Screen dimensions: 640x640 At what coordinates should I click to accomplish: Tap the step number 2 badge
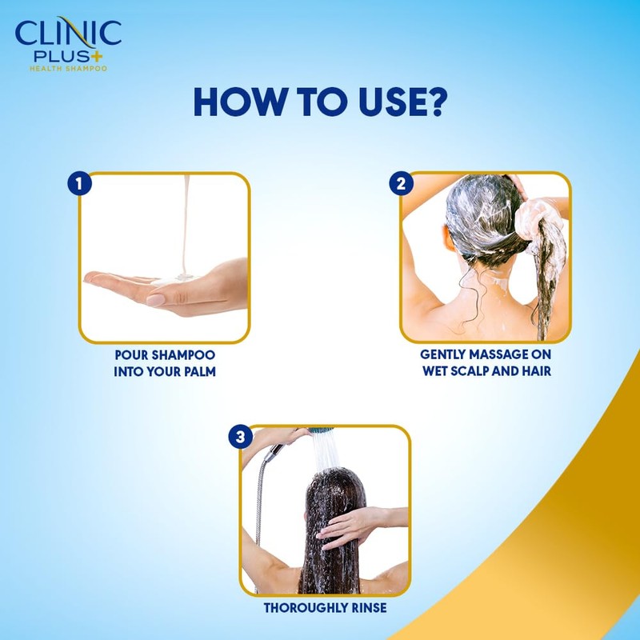401,184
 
